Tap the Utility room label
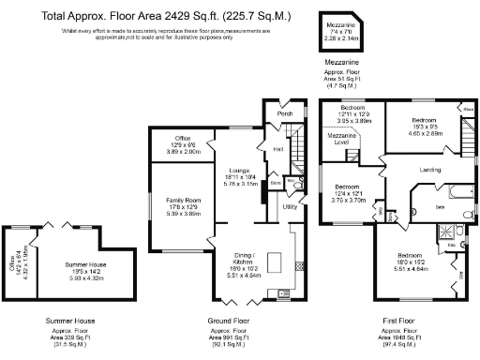click(x=290, y=205)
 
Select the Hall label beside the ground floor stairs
click(x=278, y=149)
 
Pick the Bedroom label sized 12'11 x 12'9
click(x=355, y=114)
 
